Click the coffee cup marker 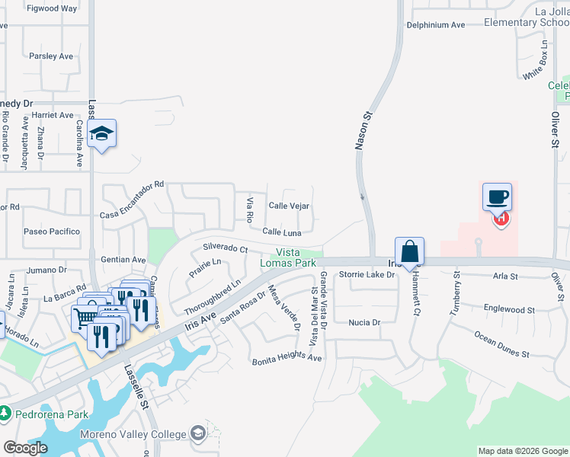click(496, 197)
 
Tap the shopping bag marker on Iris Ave click(409, 251)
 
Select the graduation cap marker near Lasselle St click(101, 134)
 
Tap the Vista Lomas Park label click(296, 258)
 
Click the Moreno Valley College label click(134, 435)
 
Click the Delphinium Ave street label click(435, 25)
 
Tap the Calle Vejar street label click(289, 206)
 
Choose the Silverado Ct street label click(225, 248)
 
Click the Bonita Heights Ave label click(287, 357)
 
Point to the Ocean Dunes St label click(501, 344)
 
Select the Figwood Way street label click(52, 8)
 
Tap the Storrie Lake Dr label click(367, 274)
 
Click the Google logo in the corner click(25, 448)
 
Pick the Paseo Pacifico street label click(52, 232)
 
